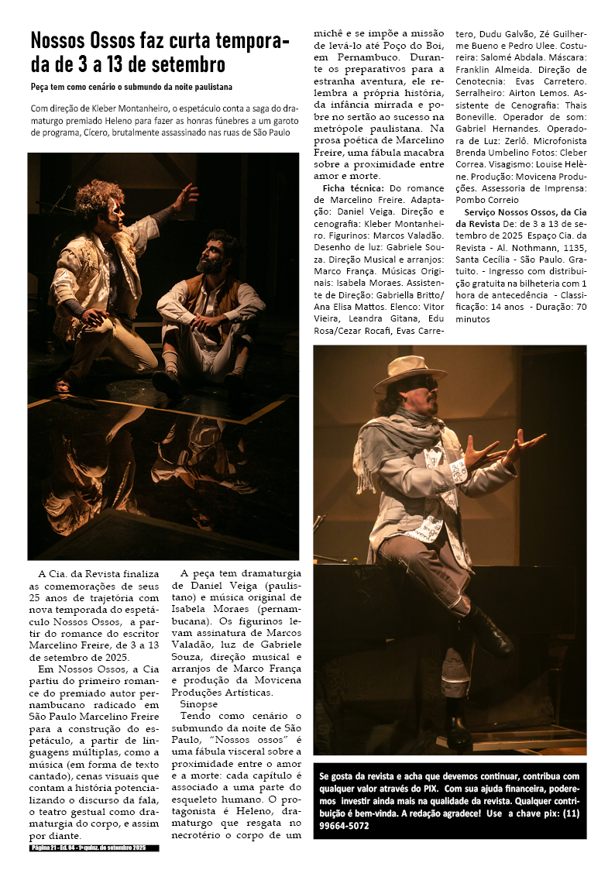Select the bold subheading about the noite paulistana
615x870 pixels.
click(131, 87)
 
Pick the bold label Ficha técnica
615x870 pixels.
click(353, 187)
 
